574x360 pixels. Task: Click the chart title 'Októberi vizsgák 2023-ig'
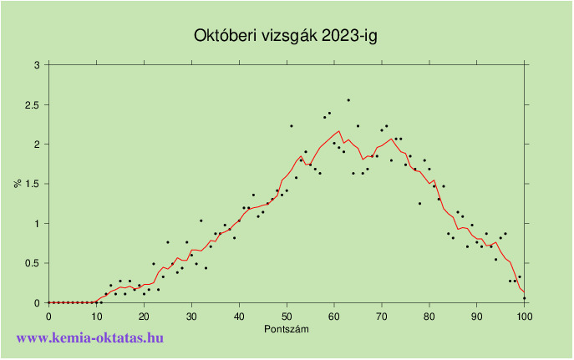(287, 36)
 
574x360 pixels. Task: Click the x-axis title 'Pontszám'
(286, 328)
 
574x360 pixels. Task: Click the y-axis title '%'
(17, 183)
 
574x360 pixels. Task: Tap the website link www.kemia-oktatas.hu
(89, 337)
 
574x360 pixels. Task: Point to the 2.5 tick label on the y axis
(33, 104)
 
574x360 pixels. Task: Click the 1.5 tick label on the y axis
(33, 184)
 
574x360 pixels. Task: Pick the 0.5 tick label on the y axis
(33, 263)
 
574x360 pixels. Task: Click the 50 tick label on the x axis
(287, 316)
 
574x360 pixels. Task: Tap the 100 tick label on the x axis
(525, 316)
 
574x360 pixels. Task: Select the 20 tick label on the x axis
(144, 316)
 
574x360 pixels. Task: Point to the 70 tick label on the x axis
(382, 316)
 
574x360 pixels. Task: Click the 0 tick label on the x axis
(48, 316)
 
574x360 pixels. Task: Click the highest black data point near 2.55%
(348, 100)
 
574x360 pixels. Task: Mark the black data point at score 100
(525, 298)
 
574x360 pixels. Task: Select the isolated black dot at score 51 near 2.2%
(292, 126)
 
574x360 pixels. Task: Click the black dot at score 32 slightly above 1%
(201, 221)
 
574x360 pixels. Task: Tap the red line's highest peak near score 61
(339, 131)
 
